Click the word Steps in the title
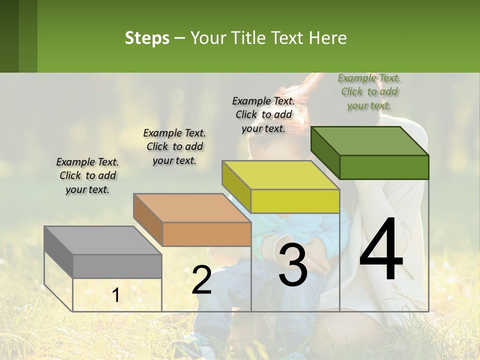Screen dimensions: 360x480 tap(146, 38)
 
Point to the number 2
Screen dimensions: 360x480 tap(201, 280)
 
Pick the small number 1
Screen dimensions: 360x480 tap(116, 295)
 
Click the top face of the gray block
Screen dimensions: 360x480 tap(103, 240)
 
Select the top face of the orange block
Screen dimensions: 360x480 tap(192, 207)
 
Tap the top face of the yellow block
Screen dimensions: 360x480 tap(281, 175)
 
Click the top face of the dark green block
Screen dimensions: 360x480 tap(370, 140)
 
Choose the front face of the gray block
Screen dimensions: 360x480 tap(117, 266)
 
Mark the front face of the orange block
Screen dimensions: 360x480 tap(206, 234)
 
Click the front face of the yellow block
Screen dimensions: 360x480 tap(295, 201)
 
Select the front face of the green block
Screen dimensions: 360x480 tap(384, 167)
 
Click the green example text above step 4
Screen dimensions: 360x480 tap(369, 92)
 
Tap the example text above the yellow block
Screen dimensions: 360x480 tap(263, 114)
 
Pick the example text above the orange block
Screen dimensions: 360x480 tap(174, 146)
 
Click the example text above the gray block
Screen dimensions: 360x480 tap(87, 175)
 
